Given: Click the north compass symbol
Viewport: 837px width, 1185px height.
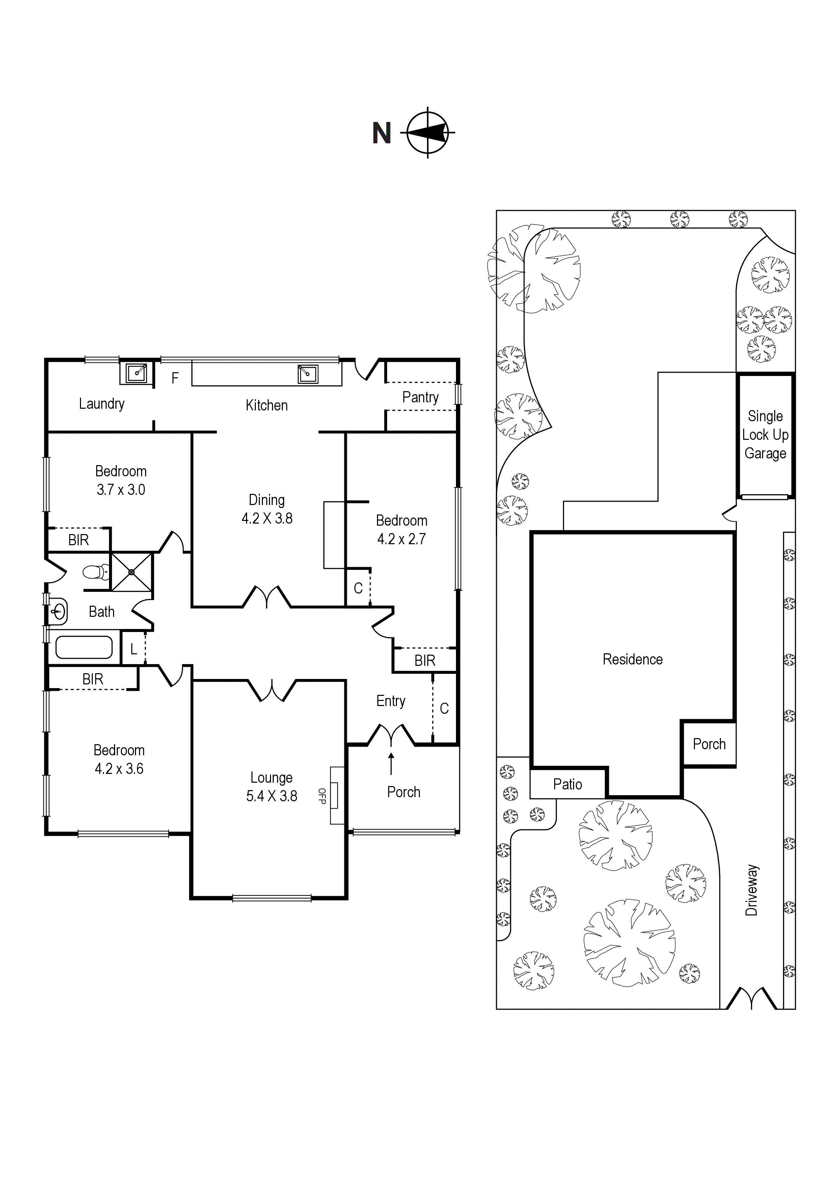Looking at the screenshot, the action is pos(428,133).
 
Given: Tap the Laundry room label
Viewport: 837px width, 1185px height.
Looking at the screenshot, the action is pos(102,404).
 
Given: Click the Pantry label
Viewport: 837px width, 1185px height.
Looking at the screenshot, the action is pos(420,397).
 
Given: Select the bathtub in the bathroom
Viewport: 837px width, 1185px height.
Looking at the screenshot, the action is pos(84,647).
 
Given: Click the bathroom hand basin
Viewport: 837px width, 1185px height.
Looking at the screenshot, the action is pos(58,612).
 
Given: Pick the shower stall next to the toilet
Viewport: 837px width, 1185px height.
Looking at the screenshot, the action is pos(132,572).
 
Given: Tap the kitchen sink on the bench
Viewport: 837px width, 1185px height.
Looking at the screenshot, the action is pos(308,374).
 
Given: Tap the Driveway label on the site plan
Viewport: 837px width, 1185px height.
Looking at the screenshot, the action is pos(752,890).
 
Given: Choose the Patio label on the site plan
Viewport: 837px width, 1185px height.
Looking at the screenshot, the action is pos(567,784).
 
